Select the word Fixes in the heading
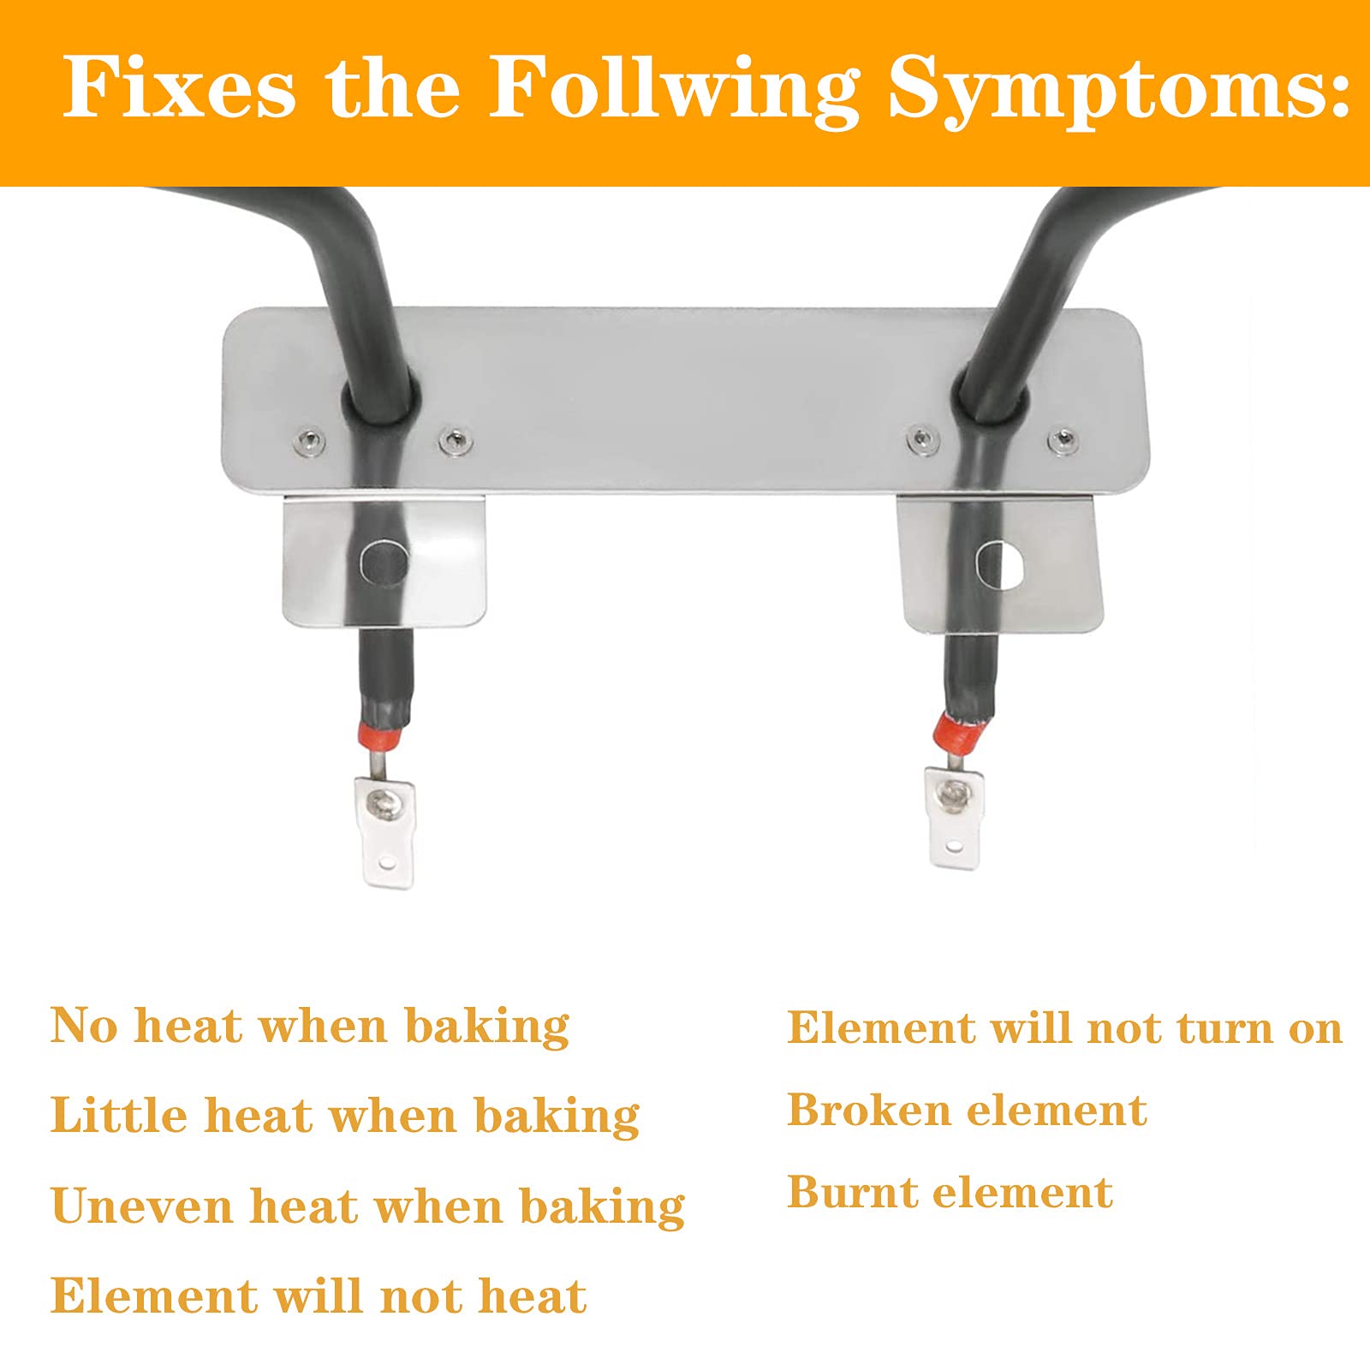pyautogui.click(x=179, y=86)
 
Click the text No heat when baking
pyautogui.click(x=309, y=1026)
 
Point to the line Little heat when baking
pyautogui.click(x=344, y=1115)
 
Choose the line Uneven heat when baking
pyautogui.click(x=367, y=1206)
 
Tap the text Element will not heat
pyautogui.click(x=319, y=1295)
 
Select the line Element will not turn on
pyautogui.click(x=1064, y=1027)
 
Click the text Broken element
pyautogui.click(x=967, y=1110)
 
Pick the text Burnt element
pyautogui.click(x=950, y=1192)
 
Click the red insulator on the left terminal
pyautogui.click(x=382, y=734)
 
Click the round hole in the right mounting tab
pyautogui.click(x=999, y=565)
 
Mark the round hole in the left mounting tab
pyautogui.click(x=384, y=562)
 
